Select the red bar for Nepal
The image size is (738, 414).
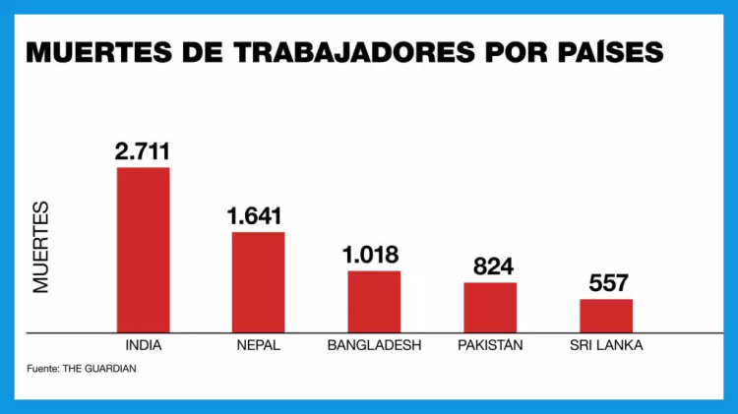[259, 281]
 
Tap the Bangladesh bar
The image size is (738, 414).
[374, 301]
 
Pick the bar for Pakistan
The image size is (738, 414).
[490, 307]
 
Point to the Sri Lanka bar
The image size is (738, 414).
[606, 315]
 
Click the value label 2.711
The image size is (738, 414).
[143, 151]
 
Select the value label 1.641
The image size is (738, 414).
[258, 216]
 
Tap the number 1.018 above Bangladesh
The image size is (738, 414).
[374, 255]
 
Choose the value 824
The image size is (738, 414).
[490, 266]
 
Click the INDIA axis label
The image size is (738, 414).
[144, 346]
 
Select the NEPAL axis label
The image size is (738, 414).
[259, 346]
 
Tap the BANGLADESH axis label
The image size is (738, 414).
[374, 346]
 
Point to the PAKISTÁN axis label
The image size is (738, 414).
[490, 346]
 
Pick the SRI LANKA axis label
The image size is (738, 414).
[606, 346]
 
